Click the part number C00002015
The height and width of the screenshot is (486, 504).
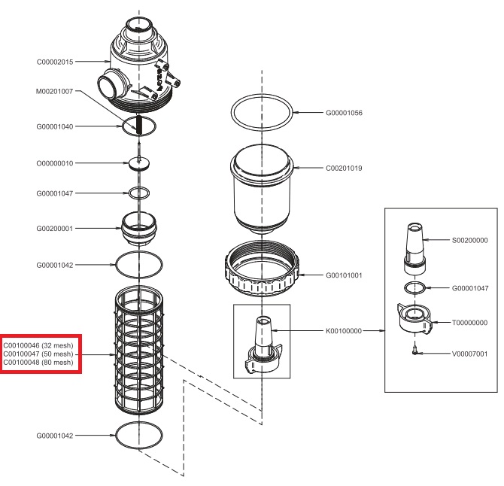56,62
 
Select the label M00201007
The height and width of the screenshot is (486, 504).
56,91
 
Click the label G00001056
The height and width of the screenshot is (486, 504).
344,113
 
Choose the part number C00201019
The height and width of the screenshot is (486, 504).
344,169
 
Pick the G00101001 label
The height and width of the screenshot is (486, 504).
344,275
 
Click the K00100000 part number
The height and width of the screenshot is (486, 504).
344,330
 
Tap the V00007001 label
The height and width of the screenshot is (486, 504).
468,352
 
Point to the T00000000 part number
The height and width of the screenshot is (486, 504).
468,323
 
